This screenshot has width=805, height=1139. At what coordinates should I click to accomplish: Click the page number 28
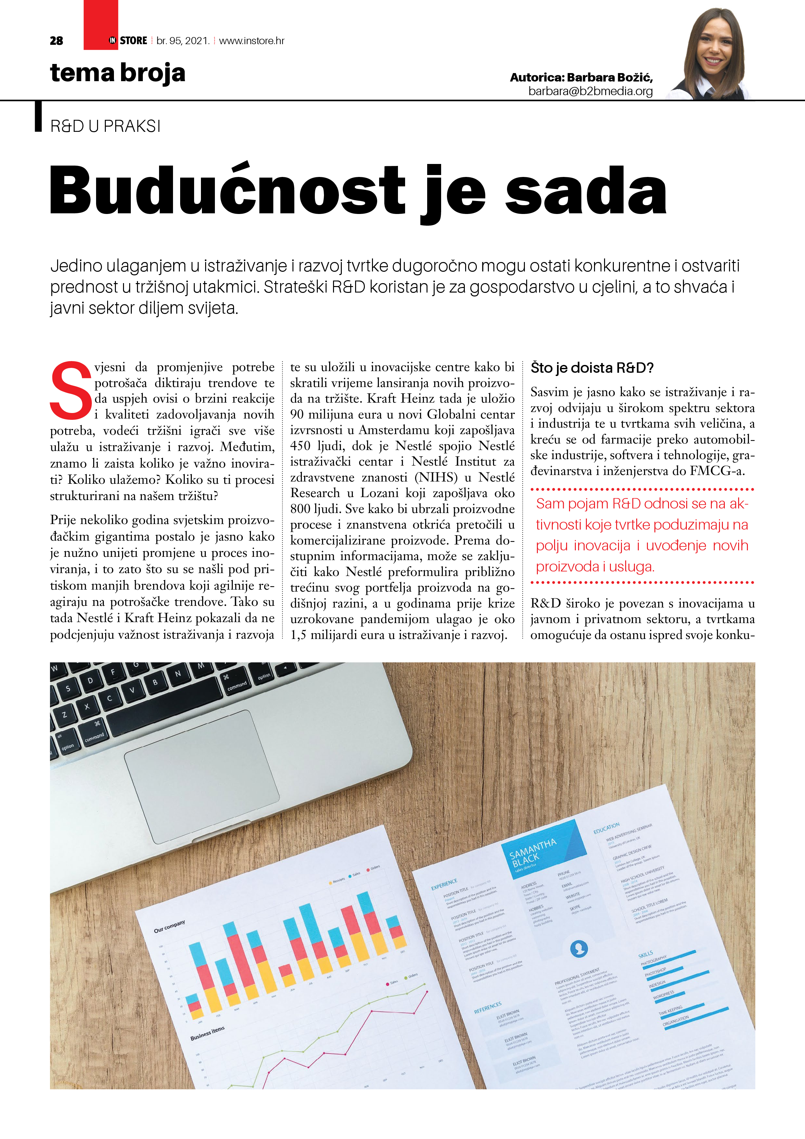(56, 41)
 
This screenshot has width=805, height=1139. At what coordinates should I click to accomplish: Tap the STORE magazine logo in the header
(128, 41)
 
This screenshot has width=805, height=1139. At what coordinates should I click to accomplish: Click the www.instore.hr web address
(252, 41)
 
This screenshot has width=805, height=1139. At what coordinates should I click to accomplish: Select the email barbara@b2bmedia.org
(590, 91)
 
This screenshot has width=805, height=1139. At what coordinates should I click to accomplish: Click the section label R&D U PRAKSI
(105, 127)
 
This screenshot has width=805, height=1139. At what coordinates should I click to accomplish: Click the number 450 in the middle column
(300, 446)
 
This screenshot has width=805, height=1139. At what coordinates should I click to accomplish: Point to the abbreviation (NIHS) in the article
(436, 477)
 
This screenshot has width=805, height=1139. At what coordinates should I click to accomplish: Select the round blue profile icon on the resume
(579, 948)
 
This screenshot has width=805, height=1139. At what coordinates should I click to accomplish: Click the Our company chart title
(169, 927)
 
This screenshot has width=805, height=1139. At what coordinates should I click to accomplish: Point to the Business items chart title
(207, 1033)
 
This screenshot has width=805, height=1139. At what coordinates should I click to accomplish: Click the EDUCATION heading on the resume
(606, 829)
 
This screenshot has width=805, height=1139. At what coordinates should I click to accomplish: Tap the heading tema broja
(118, 73)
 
